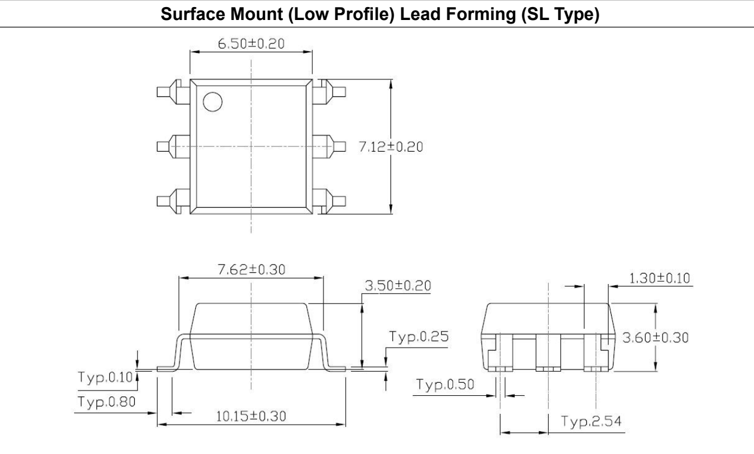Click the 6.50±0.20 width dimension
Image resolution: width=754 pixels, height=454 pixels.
point(251,44)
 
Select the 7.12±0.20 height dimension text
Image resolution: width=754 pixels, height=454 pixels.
point(391,147)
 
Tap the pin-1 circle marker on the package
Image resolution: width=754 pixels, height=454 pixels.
point(213,102)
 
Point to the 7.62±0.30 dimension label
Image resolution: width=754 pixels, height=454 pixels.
point(251,269)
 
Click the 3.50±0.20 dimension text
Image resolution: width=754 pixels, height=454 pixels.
point(398,286)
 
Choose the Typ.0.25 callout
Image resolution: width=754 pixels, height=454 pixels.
point(419,336)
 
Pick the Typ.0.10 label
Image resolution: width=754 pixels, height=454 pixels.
point(105,378)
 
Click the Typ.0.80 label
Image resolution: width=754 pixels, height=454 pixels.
point(106,402)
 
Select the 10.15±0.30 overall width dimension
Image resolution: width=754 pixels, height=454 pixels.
point(251,416)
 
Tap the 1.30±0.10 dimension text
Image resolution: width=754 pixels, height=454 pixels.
point(659,278)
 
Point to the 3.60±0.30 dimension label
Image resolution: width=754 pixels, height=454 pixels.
point(655,338)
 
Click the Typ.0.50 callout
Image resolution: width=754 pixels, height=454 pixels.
point(445,385)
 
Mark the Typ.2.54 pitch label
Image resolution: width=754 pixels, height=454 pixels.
point(591,421)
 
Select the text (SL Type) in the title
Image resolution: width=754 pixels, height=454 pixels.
point(561,15)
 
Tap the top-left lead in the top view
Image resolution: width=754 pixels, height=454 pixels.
point(174,92)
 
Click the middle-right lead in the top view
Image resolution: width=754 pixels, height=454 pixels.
point(329,147)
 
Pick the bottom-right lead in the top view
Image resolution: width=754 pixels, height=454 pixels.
point(329,201)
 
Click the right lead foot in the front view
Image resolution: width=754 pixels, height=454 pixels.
point(336,369)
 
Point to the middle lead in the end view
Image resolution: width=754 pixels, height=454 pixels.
point(548,353)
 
